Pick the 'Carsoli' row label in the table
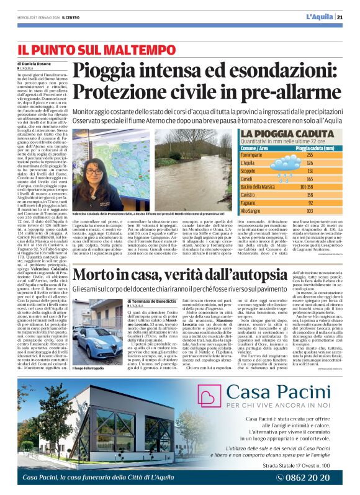coord(250,178)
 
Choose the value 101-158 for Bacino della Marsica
coord(306,185)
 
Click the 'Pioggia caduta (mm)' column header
coord(318,148)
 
